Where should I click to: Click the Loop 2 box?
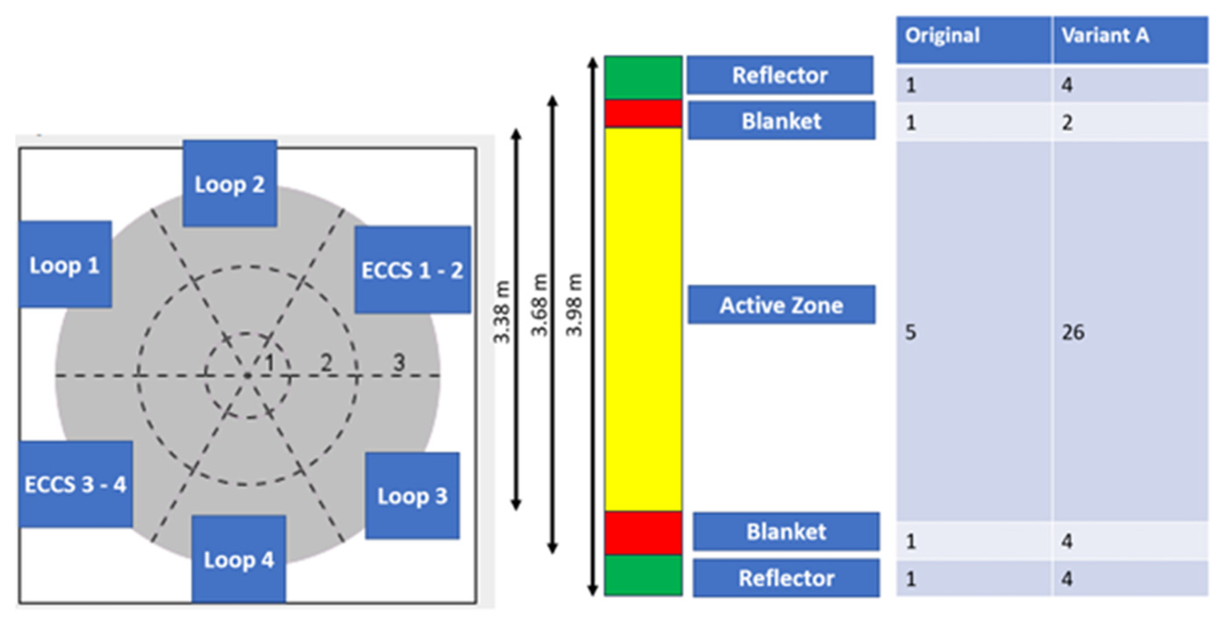pyautogui.click(x=230, y=183)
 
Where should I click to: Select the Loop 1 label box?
pyautogui.click(x=65, y=264)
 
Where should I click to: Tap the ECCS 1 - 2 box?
pyautogui.click(x=412, y=269)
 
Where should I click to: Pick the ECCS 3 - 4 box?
pyautogui.click(x=75, y=484)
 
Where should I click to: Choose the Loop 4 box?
pyautogui.click(x=239, y=559)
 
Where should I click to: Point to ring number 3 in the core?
pyautogui.click(x=399, y=362)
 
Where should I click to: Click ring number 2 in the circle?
pyautogui.click(x=326, y=362)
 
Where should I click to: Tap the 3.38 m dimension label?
pyautogui.click(x=502, y=312)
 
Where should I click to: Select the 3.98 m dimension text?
pyautogui.click(x=574, y=305)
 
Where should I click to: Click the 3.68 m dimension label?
pyautogui.click(x=539, y=305)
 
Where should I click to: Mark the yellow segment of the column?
pyautogui.click(x=643, y=319)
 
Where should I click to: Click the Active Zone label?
pyautogui.click(x=781, y=305)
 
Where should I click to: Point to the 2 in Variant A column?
pyautogui.click(x=1067, y=123)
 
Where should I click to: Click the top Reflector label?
pyautogui.click(x=780, y=75)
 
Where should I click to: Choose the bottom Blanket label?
pyautogui.click(x=786, y=531)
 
